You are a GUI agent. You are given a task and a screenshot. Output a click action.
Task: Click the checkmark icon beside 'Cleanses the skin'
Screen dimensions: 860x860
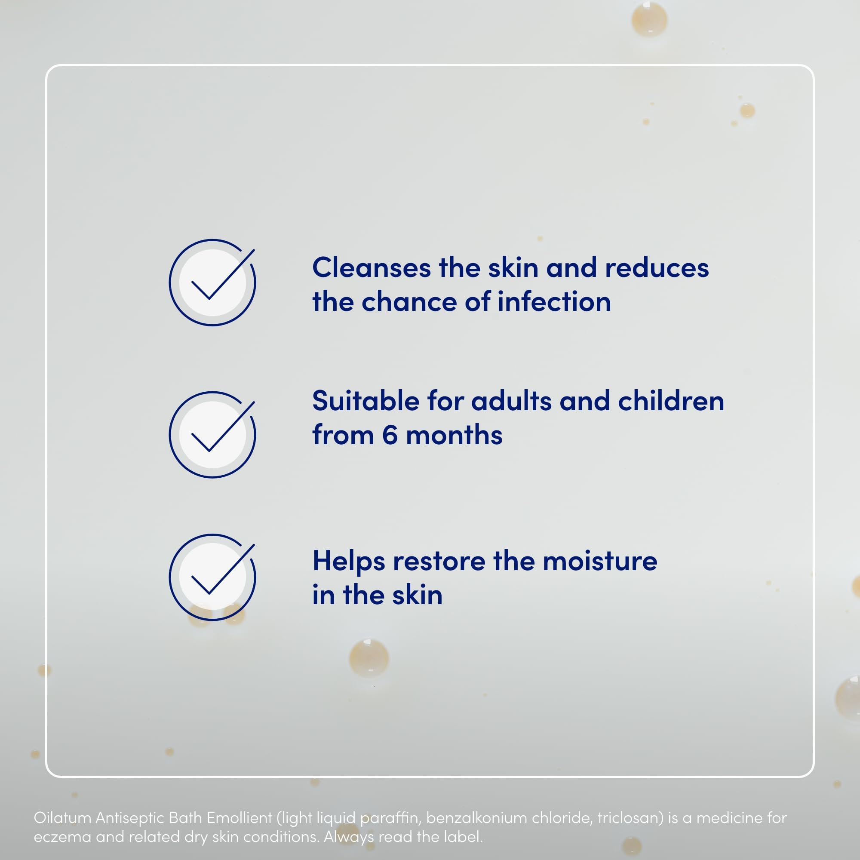point(212,282)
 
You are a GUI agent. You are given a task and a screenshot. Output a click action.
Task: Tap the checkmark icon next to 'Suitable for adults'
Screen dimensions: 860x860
point(212,434)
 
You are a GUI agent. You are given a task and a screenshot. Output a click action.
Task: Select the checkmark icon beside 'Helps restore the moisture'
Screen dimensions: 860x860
point(212,577)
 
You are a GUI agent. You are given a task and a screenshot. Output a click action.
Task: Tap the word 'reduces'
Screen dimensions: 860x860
point(657,268)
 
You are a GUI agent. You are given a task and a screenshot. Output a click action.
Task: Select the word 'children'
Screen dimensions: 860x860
point(671,401)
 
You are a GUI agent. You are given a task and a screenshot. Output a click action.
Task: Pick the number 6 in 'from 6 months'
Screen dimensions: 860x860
point(390,435)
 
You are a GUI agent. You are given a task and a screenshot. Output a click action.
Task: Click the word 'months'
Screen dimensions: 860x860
point(454,435)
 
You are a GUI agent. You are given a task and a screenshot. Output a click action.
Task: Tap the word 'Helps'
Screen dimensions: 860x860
point(349,562)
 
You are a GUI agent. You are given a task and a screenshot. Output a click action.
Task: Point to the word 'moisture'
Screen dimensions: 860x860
point(600,561)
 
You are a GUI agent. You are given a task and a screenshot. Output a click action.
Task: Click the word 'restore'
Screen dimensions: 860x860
point(439,561)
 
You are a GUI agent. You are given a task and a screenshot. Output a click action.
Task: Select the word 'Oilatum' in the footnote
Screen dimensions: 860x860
point(63,818)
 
